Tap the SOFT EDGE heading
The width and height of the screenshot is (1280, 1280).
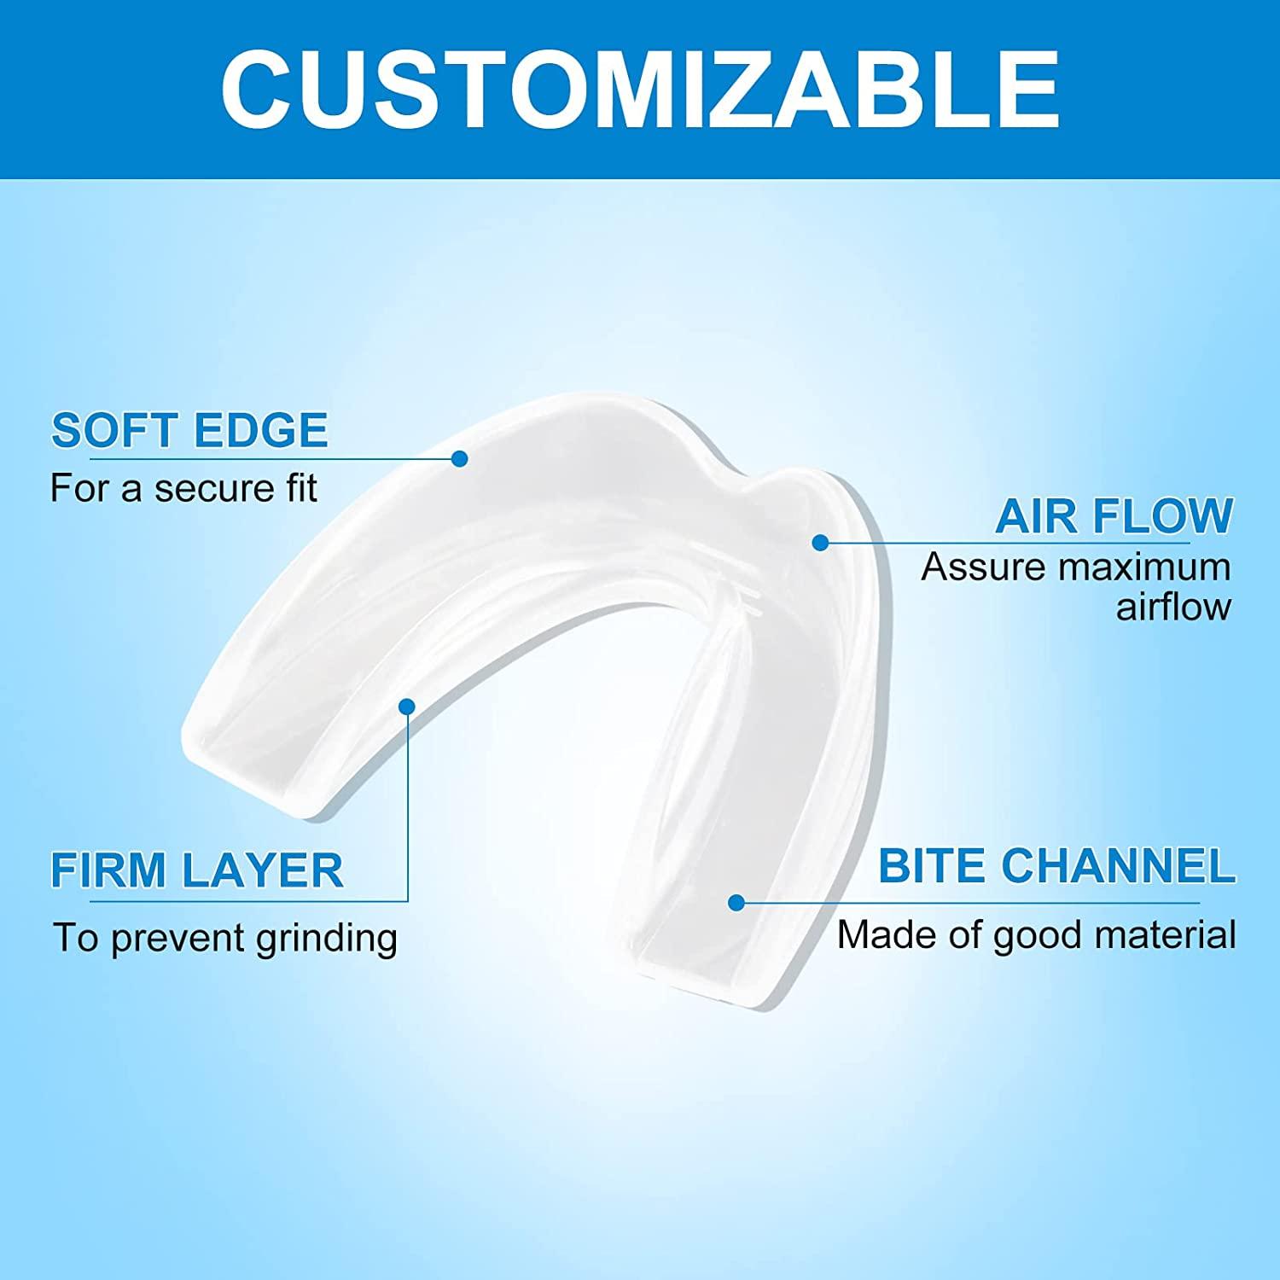pos(189,430)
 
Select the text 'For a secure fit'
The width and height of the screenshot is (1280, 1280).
pos(183,488)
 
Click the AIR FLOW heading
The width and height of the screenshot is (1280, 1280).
pos(1114,515)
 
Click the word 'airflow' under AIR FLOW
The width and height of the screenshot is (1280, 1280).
pos(1174,607)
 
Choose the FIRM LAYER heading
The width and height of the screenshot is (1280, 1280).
pos(197,870)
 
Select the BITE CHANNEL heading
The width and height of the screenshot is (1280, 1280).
pos(1056,866)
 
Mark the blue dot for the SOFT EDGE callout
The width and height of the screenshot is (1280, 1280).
pos(460,459)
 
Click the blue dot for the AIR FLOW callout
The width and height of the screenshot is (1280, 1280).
pos(820,542)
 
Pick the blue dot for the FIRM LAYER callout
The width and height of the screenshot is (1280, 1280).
pos(407,707)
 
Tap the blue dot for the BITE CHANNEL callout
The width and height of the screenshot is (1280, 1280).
pos(736,903)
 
